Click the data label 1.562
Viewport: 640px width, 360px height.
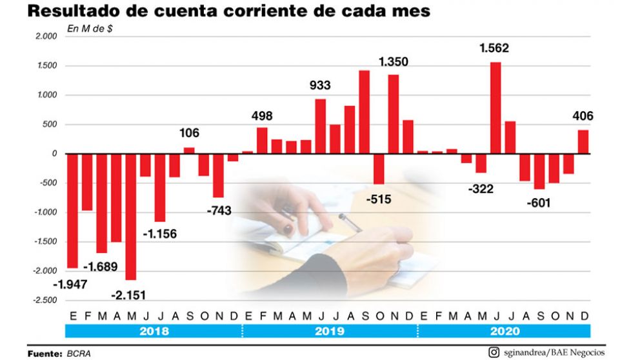point(494,48)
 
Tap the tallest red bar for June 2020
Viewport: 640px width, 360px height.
point(495,108)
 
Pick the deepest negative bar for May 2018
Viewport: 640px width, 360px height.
point(131,216)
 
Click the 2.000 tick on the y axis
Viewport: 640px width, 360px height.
point(48,37)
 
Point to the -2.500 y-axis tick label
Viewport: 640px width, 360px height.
point(46,300)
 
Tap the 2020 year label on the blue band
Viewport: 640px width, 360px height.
point(505,331)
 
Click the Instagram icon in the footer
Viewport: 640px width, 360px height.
point(494,352)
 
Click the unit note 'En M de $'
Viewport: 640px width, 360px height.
point(90,28)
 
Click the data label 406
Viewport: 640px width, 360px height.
point(583,116)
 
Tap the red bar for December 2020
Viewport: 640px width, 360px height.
point(583,141)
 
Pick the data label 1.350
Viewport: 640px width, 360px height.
point(394,62)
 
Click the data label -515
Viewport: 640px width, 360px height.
point(379,199)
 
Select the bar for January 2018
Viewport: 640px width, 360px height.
point(72,210)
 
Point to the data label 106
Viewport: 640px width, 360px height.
point(189,134)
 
